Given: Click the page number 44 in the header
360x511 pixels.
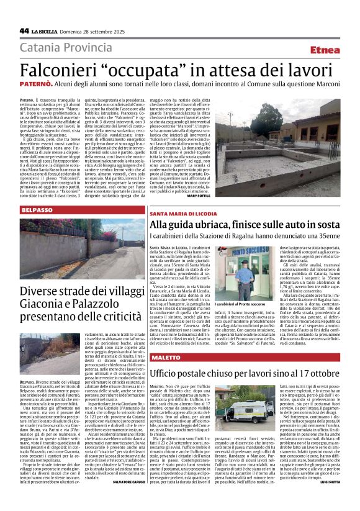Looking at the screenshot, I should [x=24, y=30].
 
